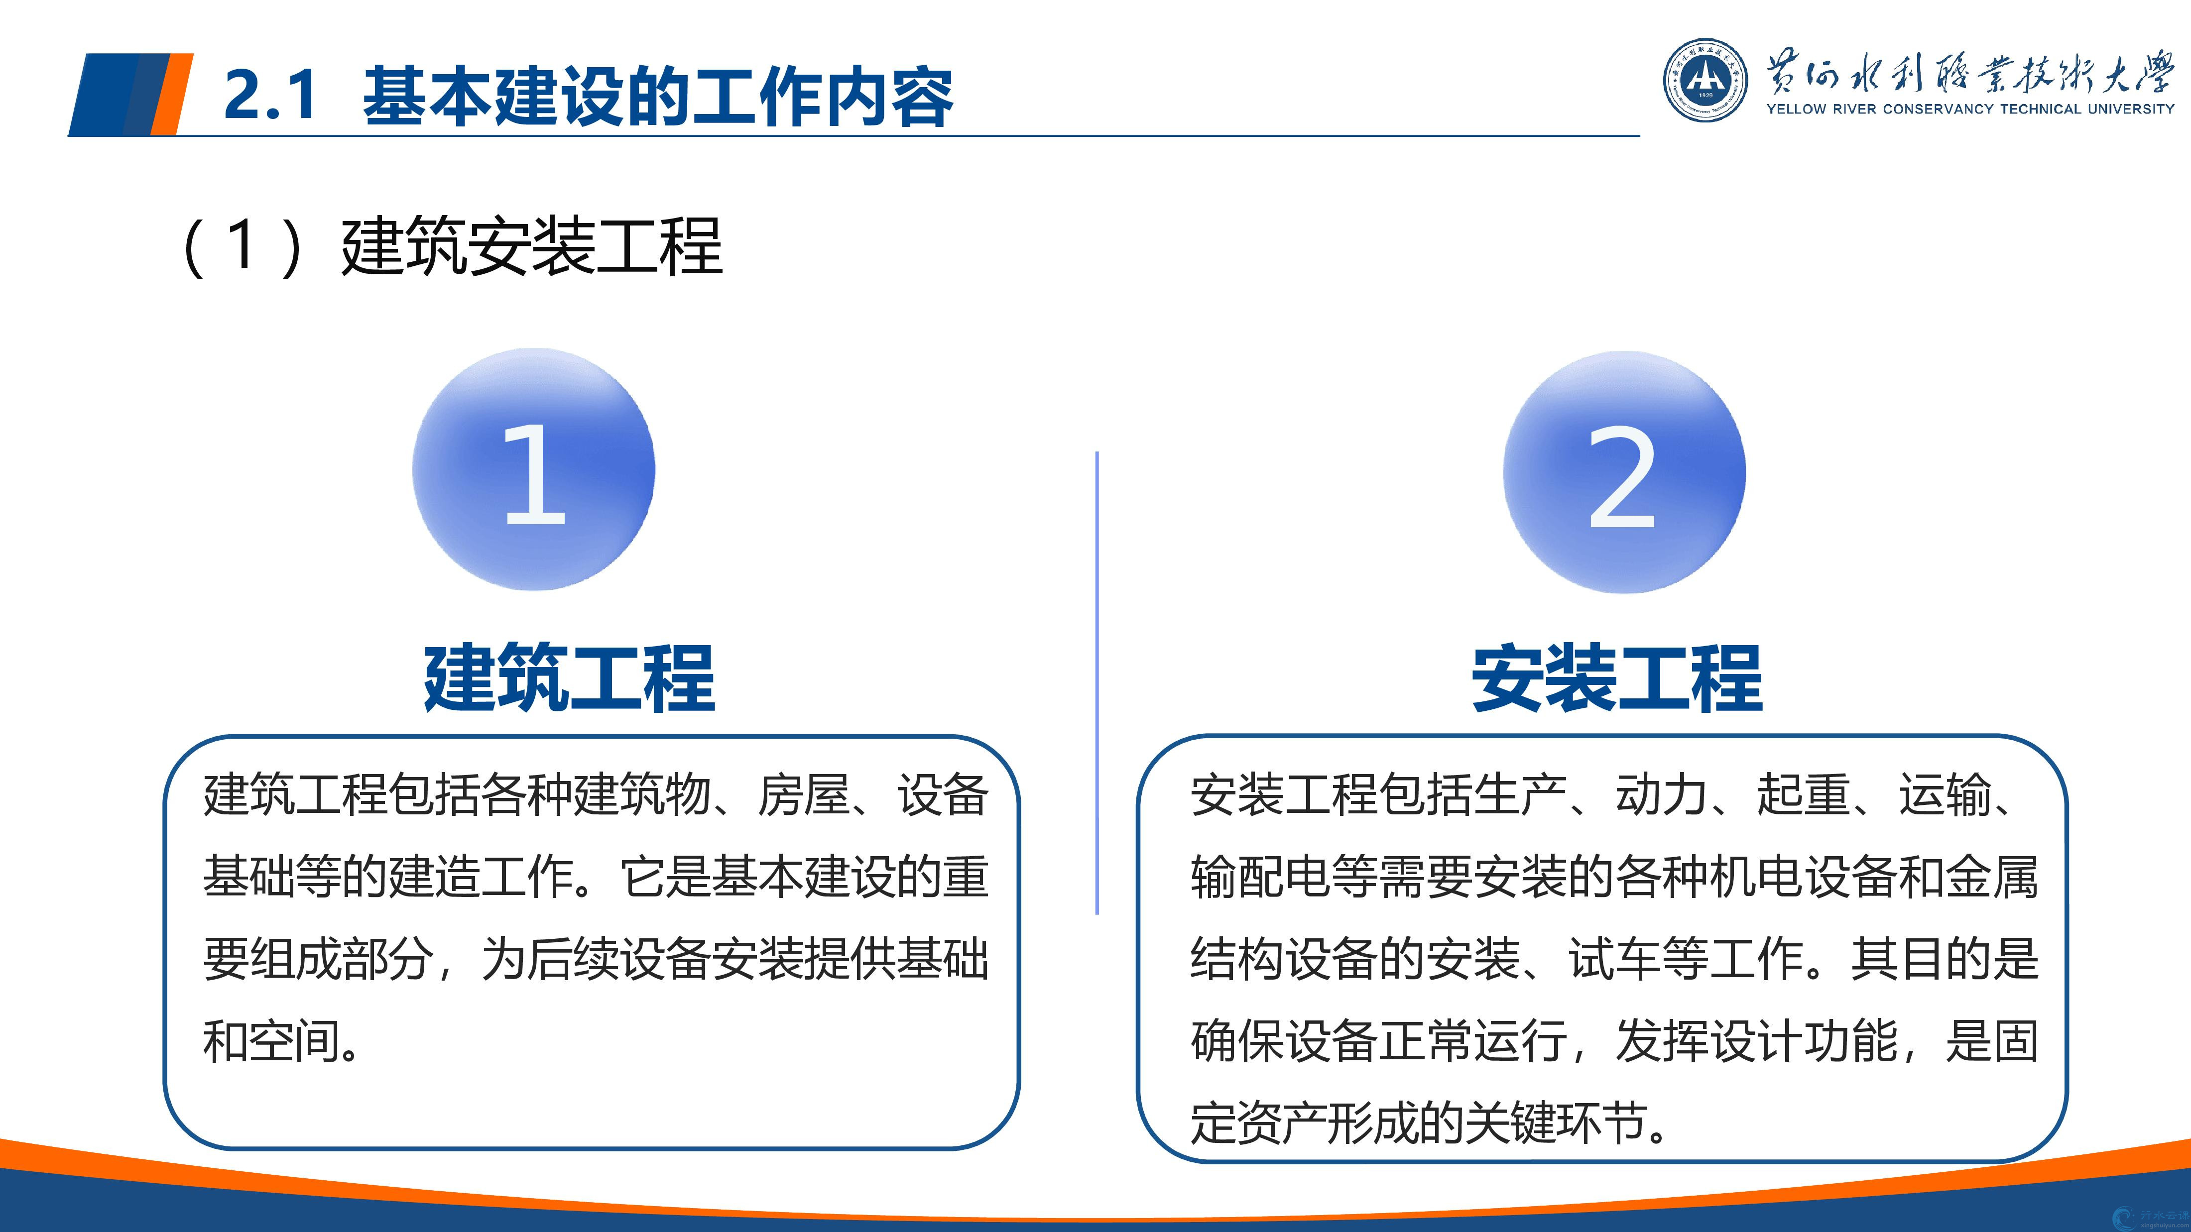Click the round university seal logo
pos(1705,80)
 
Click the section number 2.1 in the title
pos(270,95)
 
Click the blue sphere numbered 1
pos(534,469)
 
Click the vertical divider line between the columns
pos(1097,683)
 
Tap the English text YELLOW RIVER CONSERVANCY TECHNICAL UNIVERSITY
pos(1970,109)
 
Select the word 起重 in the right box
pos(1803,795)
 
